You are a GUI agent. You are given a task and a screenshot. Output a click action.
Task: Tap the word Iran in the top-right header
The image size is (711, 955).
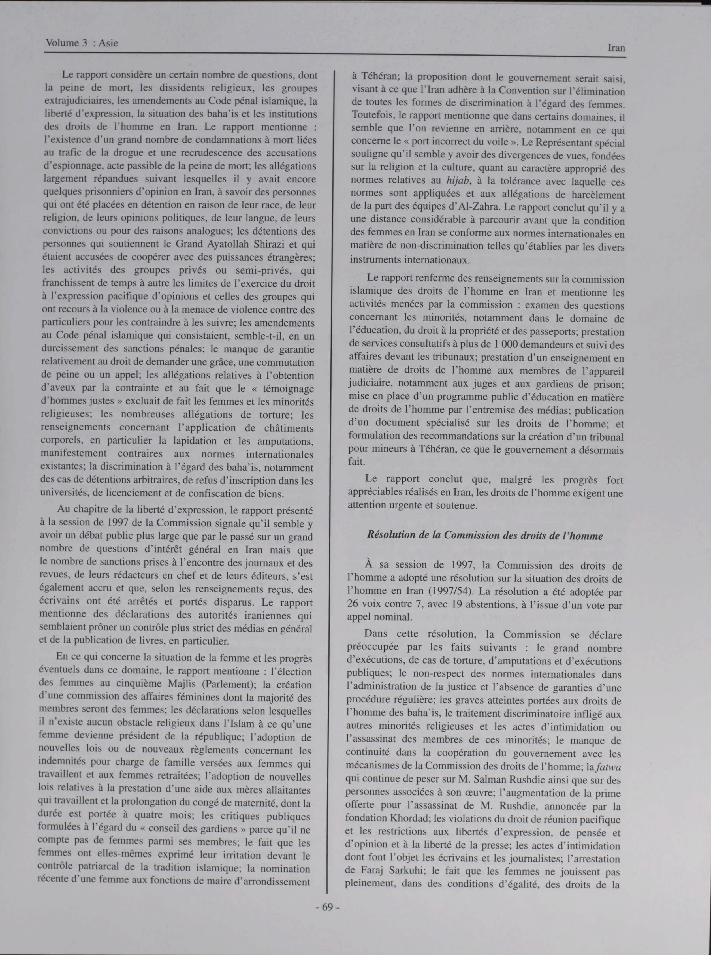pos(616,48)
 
